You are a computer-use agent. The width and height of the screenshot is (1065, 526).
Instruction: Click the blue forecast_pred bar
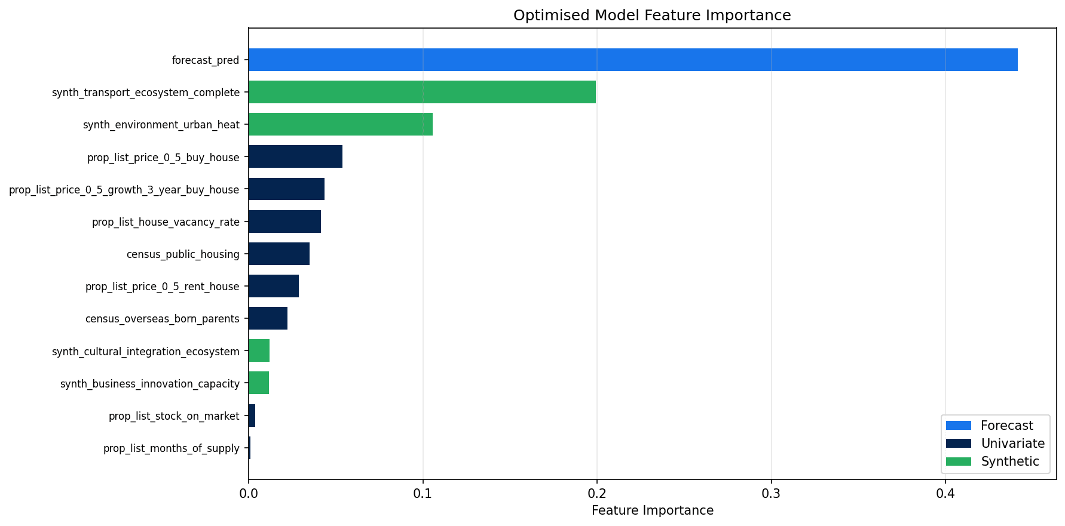(632, 60)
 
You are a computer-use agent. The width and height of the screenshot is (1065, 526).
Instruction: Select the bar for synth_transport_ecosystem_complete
(422, 92)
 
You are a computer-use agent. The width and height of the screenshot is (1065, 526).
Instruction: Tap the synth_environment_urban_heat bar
(341, 124)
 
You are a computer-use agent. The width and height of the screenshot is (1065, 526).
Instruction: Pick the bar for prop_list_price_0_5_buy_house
(295, 156)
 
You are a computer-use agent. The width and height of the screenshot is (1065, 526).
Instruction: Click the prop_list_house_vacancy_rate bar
(284, 222)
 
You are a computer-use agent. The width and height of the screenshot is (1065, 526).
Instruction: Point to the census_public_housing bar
(279, 254)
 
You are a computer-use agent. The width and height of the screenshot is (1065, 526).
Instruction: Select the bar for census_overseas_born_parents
(268, 318)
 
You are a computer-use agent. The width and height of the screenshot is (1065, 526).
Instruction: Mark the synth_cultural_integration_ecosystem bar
(259, 350)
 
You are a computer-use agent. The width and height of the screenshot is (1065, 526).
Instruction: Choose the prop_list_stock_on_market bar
(252, 416)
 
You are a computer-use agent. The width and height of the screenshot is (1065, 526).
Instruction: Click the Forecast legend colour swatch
(958, 426)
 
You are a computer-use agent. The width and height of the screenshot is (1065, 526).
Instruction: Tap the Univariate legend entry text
(1012, 444)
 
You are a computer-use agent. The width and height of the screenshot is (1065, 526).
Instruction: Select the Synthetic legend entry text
(1010, 462)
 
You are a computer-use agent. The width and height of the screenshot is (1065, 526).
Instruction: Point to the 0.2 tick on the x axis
(596, 494)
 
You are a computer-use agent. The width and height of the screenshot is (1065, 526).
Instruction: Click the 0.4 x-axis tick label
(945, 494)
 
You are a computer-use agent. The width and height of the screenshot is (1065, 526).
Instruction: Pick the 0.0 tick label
(249, 494)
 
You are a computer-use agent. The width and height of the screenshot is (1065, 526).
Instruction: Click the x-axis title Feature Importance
(652, 511)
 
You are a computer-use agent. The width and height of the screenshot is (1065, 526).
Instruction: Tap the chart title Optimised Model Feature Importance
(651, 16)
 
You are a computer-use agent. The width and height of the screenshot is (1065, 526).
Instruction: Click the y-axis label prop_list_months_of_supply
(171, 448)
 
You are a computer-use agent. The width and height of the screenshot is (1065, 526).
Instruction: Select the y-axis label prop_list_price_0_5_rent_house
(162, 287)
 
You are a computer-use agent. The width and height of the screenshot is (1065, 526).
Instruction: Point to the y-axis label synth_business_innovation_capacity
(149, 384)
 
